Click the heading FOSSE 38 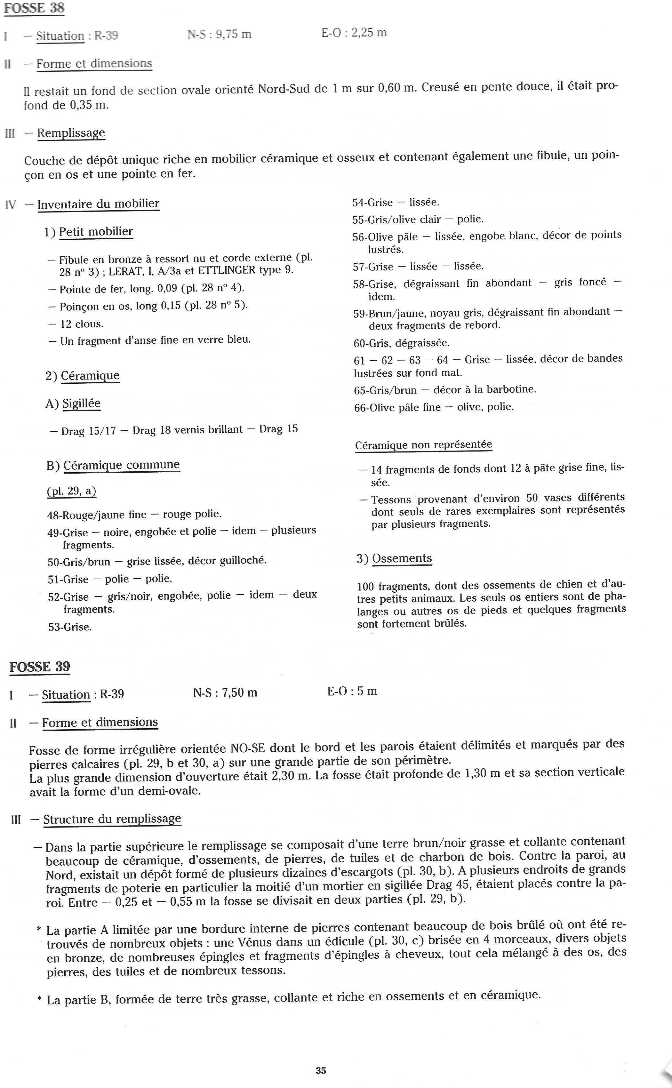(x=34, y=8)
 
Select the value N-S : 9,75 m (x=220, y=34)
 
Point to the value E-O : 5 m (x=352, y=691)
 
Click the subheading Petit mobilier (x=96, y=232)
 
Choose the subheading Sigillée (x=81, y=404)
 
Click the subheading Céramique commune (x=121, y=465)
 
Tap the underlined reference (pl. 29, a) (x=72, y=491)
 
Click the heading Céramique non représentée (x=424, y=445)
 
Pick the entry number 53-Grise (x=70, y=627)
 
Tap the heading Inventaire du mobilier (x=98, y=204)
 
